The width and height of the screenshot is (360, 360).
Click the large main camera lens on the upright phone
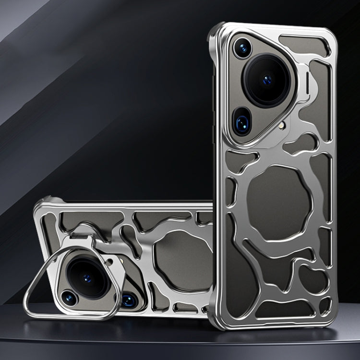[x=267, y=79]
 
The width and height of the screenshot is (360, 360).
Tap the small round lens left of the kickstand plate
[x=70, y=298]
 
